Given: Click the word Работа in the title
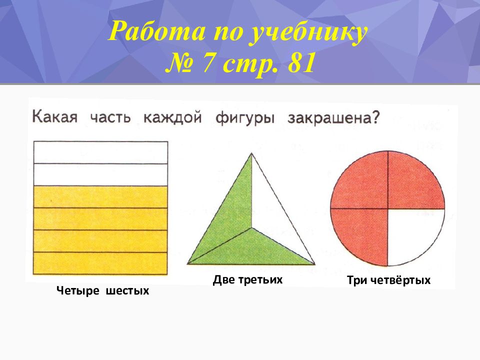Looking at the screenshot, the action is click(x=156, y=31).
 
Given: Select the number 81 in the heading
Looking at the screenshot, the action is click(x=301, y=63).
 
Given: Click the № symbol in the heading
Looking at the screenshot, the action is click(x=178, y=63).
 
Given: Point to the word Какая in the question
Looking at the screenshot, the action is click(x=55, y=117).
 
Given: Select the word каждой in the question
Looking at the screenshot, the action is click(x=172, y=117).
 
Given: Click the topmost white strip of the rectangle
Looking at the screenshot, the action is click(x=100, y=152).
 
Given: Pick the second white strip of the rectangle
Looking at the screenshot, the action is click(x=100, y=175).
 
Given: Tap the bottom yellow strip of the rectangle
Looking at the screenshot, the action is click(x=100, y=263).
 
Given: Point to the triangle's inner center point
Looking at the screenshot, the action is click(x=252, y=228).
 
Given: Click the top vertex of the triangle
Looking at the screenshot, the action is click(x=251, y=153).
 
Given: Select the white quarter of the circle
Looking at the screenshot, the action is click(x=410, y=231).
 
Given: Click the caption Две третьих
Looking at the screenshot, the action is click(x=247, y=280).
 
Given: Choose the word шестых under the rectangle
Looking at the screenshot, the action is click(x=127, y=290).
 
